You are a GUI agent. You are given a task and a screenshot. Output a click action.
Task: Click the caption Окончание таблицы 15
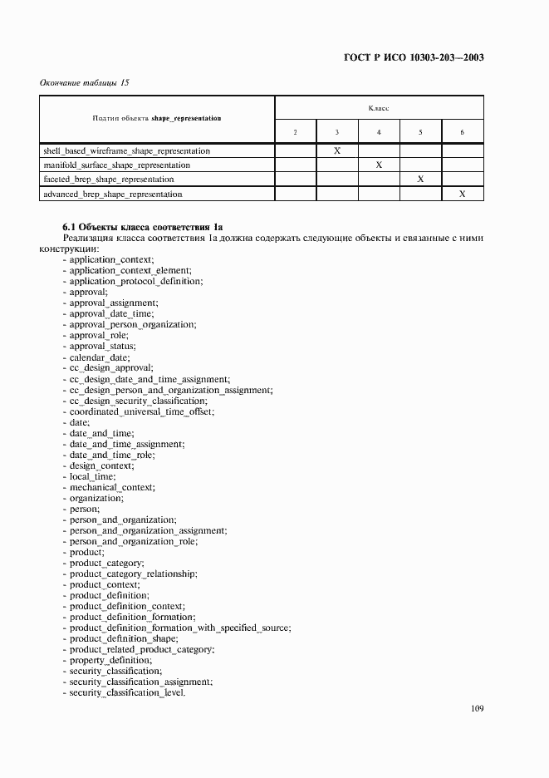tap(85, 82)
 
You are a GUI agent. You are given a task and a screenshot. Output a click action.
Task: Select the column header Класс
tap(379, 108)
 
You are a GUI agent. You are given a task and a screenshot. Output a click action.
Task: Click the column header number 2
tap(296, 132)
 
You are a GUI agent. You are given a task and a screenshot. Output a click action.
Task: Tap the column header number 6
tap(463, 132)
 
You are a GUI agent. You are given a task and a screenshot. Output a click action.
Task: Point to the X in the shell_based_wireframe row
tap(337, 151)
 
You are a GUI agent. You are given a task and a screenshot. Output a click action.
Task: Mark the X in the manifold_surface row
tap(379, 165)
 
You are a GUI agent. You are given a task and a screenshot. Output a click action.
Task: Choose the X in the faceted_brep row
tap(420, 180)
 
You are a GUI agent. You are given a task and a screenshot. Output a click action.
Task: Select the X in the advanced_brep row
tap(463, 194)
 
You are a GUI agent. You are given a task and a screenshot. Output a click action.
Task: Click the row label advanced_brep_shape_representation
tap(112, 194)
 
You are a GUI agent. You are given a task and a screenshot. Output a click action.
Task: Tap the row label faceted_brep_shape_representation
tap(109, 180)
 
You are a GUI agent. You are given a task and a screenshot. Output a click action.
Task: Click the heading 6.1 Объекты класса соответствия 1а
tap(143, 226)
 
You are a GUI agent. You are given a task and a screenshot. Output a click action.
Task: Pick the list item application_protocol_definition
tap(136, 282)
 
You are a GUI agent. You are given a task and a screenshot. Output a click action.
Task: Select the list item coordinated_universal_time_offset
tap(142, 411)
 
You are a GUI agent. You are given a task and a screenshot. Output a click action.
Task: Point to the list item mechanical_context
tap(112, 487)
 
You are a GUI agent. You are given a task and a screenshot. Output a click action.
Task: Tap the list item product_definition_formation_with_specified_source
tap(180, 628)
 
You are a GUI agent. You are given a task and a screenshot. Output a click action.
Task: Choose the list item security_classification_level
tap(128, 692)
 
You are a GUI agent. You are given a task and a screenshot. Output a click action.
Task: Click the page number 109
tap(477, 709)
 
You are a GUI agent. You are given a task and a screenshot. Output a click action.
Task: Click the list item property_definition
tap(110, 660)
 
